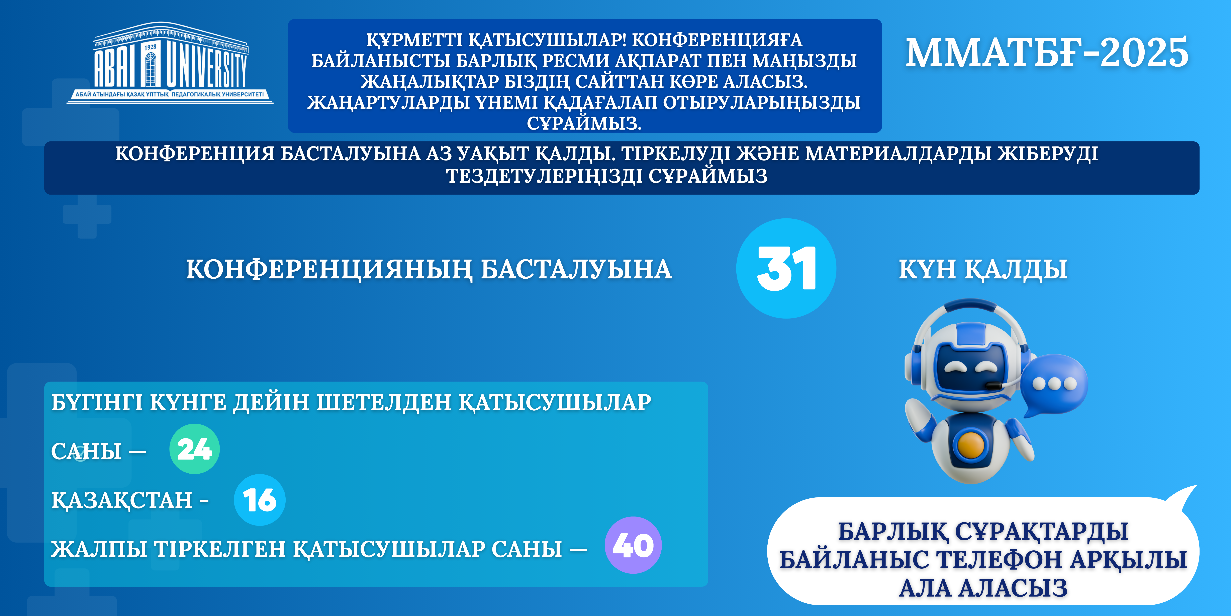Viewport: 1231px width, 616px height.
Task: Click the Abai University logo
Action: [x=170, y=63]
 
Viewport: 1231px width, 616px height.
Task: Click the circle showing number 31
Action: [x=786, y=268]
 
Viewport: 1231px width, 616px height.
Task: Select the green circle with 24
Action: [x=194, y=449]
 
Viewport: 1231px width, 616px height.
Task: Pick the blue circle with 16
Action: [x=260, y=500]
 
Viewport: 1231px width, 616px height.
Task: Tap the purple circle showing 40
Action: [x=633, y=545]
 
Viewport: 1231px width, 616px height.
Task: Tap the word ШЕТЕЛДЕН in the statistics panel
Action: [x=384, y=402]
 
